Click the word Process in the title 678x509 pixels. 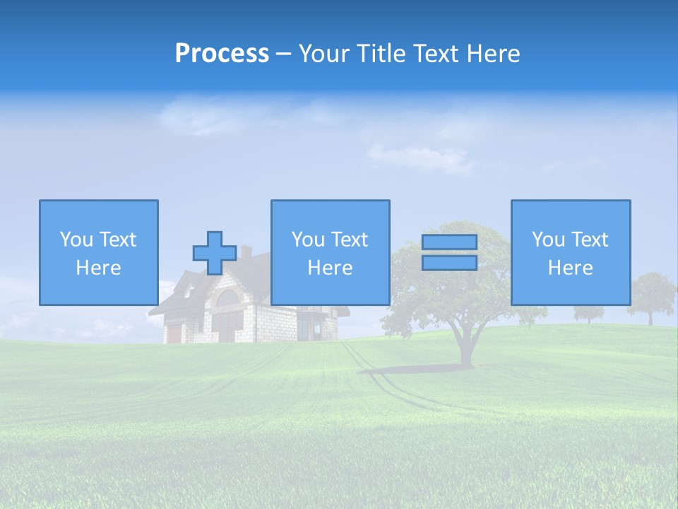click(x=222, y=54)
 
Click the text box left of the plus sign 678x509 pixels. click(x=99, y=252)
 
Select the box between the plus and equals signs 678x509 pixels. click(x=330, y=252)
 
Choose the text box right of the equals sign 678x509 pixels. click(x=571, y=252)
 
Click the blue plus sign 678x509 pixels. click(x=215, y=253)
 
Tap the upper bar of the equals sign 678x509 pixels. click(x=450, y=242)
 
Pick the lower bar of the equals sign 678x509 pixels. click(x=450, y=263)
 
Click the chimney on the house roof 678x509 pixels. click(x=246, y=252)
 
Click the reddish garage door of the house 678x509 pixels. click(x=174, y=333)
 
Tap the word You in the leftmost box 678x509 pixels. click(x=76, y=240)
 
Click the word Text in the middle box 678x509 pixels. click(x=350, y=240)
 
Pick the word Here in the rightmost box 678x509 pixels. click(x=571, y=268)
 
